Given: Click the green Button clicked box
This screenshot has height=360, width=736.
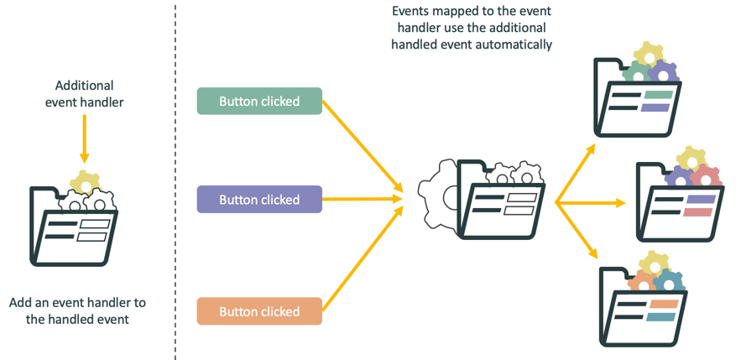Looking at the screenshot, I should tap(259, 102).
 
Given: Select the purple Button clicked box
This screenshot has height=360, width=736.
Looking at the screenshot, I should tap(259, 200).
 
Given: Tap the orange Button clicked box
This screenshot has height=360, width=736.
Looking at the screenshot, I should tap(259, 311).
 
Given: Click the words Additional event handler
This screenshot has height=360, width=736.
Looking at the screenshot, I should tap(84, 93).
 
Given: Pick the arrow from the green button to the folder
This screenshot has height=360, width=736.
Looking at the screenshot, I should tap(361, 148).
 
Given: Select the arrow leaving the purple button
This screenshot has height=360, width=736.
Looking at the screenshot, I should tap(361, 200).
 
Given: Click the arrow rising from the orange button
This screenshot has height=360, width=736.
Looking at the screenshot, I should tap(361, 257).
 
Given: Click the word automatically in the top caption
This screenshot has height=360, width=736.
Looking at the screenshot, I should tap(517, 44).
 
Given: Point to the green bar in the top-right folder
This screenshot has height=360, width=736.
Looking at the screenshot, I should tap(656, 96).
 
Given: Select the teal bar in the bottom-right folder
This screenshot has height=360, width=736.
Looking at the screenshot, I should tap(662, 317).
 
